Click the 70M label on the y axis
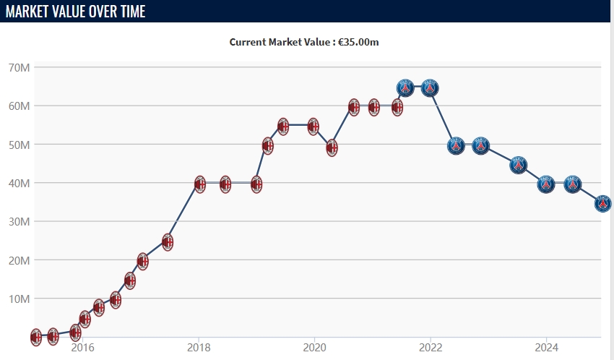(x=20, y=68)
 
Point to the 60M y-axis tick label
(x=20, y=106)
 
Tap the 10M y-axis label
(x=20, y=299)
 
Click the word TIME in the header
(x=127, y=12)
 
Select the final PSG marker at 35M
(x=604, y=204)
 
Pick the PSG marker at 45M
(x=519, y=165)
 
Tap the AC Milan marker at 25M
(x=168, y=241)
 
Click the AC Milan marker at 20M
(x=142, y=261)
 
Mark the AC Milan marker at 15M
(x=130, y=280)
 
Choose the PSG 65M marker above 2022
(x=431, y=88)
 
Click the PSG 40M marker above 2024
(x=546, y=184)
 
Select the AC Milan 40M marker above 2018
(x=200, y=184)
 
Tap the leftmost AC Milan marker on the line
(x=36, y=336)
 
